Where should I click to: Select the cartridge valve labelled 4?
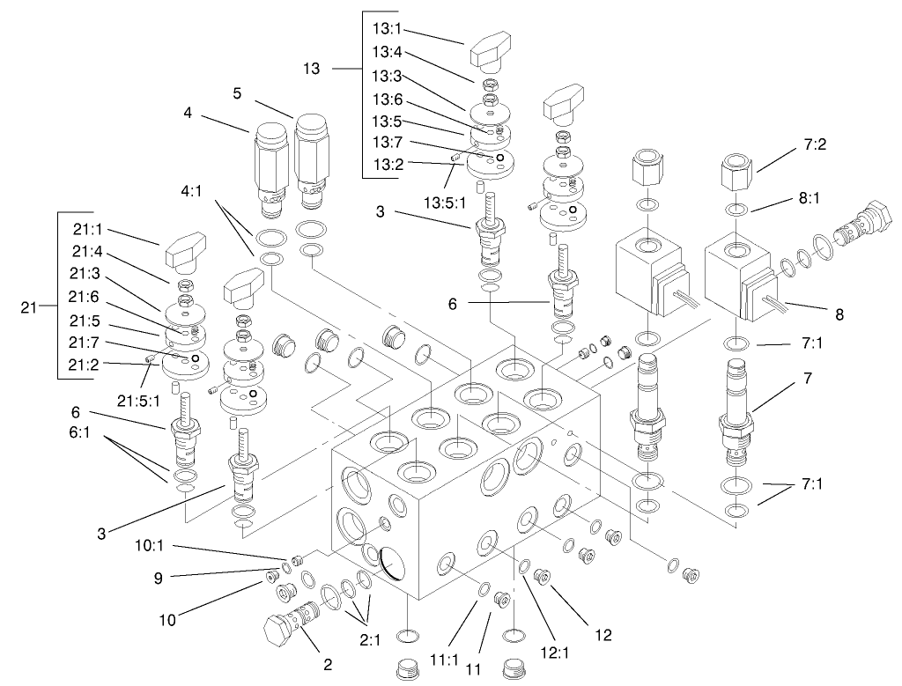click(266, 163)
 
